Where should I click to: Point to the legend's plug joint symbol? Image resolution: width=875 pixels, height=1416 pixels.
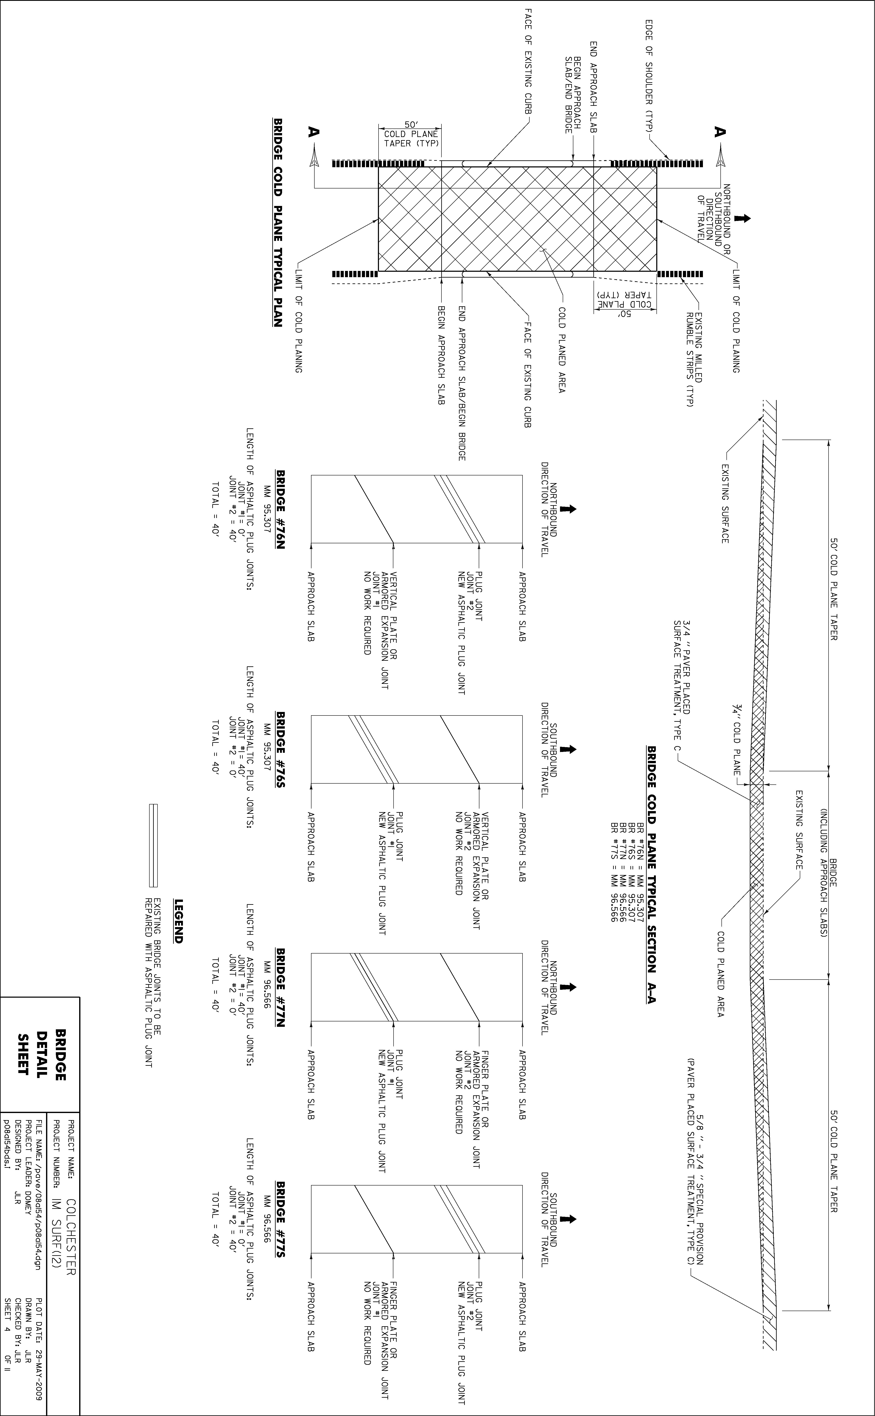point(153,845)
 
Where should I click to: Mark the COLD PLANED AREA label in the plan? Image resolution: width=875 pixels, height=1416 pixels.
point(561,350)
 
